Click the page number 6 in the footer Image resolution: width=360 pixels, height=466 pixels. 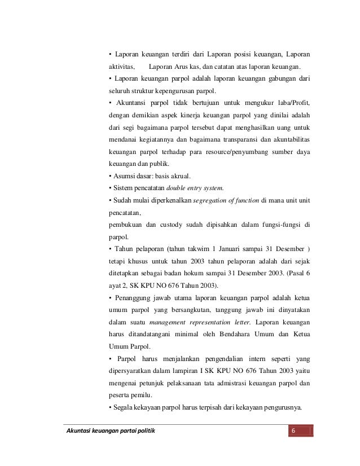[292, 432]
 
